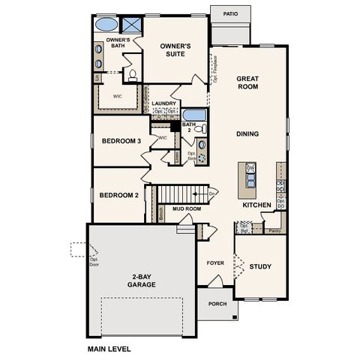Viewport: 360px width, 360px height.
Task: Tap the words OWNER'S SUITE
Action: click(x=175, y=49)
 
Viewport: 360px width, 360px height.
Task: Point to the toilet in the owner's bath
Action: click(x=131, y=74)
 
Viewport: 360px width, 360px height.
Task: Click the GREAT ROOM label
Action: click(x=247, y=82)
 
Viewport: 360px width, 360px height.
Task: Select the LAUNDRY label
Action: click(x=163, y=103)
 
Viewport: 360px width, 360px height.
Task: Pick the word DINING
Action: click(x=247, y=134)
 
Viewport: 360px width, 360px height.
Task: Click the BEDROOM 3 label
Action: click(x=121, y=141)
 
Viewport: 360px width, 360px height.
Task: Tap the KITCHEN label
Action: click(x=256, y=205)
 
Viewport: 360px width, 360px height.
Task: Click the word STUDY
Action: click(x=260, y=266)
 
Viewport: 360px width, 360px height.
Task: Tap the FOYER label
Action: click(x=216, y=263)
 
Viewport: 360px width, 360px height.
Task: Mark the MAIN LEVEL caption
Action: click(x=109, y=349)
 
